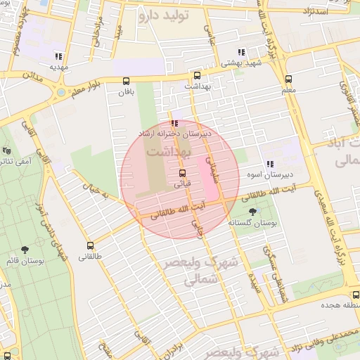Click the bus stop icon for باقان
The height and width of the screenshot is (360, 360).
pos(126,80)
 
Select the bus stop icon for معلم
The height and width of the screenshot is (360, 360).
pos(288,79)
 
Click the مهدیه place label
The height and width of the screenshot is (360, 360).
pos(58,67)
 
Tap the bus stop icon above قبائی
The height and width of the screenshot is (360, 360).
pos(183,173)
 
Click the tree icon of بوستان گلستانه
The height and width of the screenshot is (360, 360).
pos(252,211)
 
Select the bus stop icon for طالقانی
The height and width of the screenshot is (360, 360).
pos(90,245)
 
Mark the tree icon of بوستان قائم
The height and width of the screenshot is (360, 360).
pos(25,249)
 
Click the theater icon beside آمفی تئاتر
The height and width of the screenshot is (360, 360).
pos(6,150)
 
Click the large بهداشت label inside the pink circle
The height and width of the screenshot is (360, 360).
pos(167,151)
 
